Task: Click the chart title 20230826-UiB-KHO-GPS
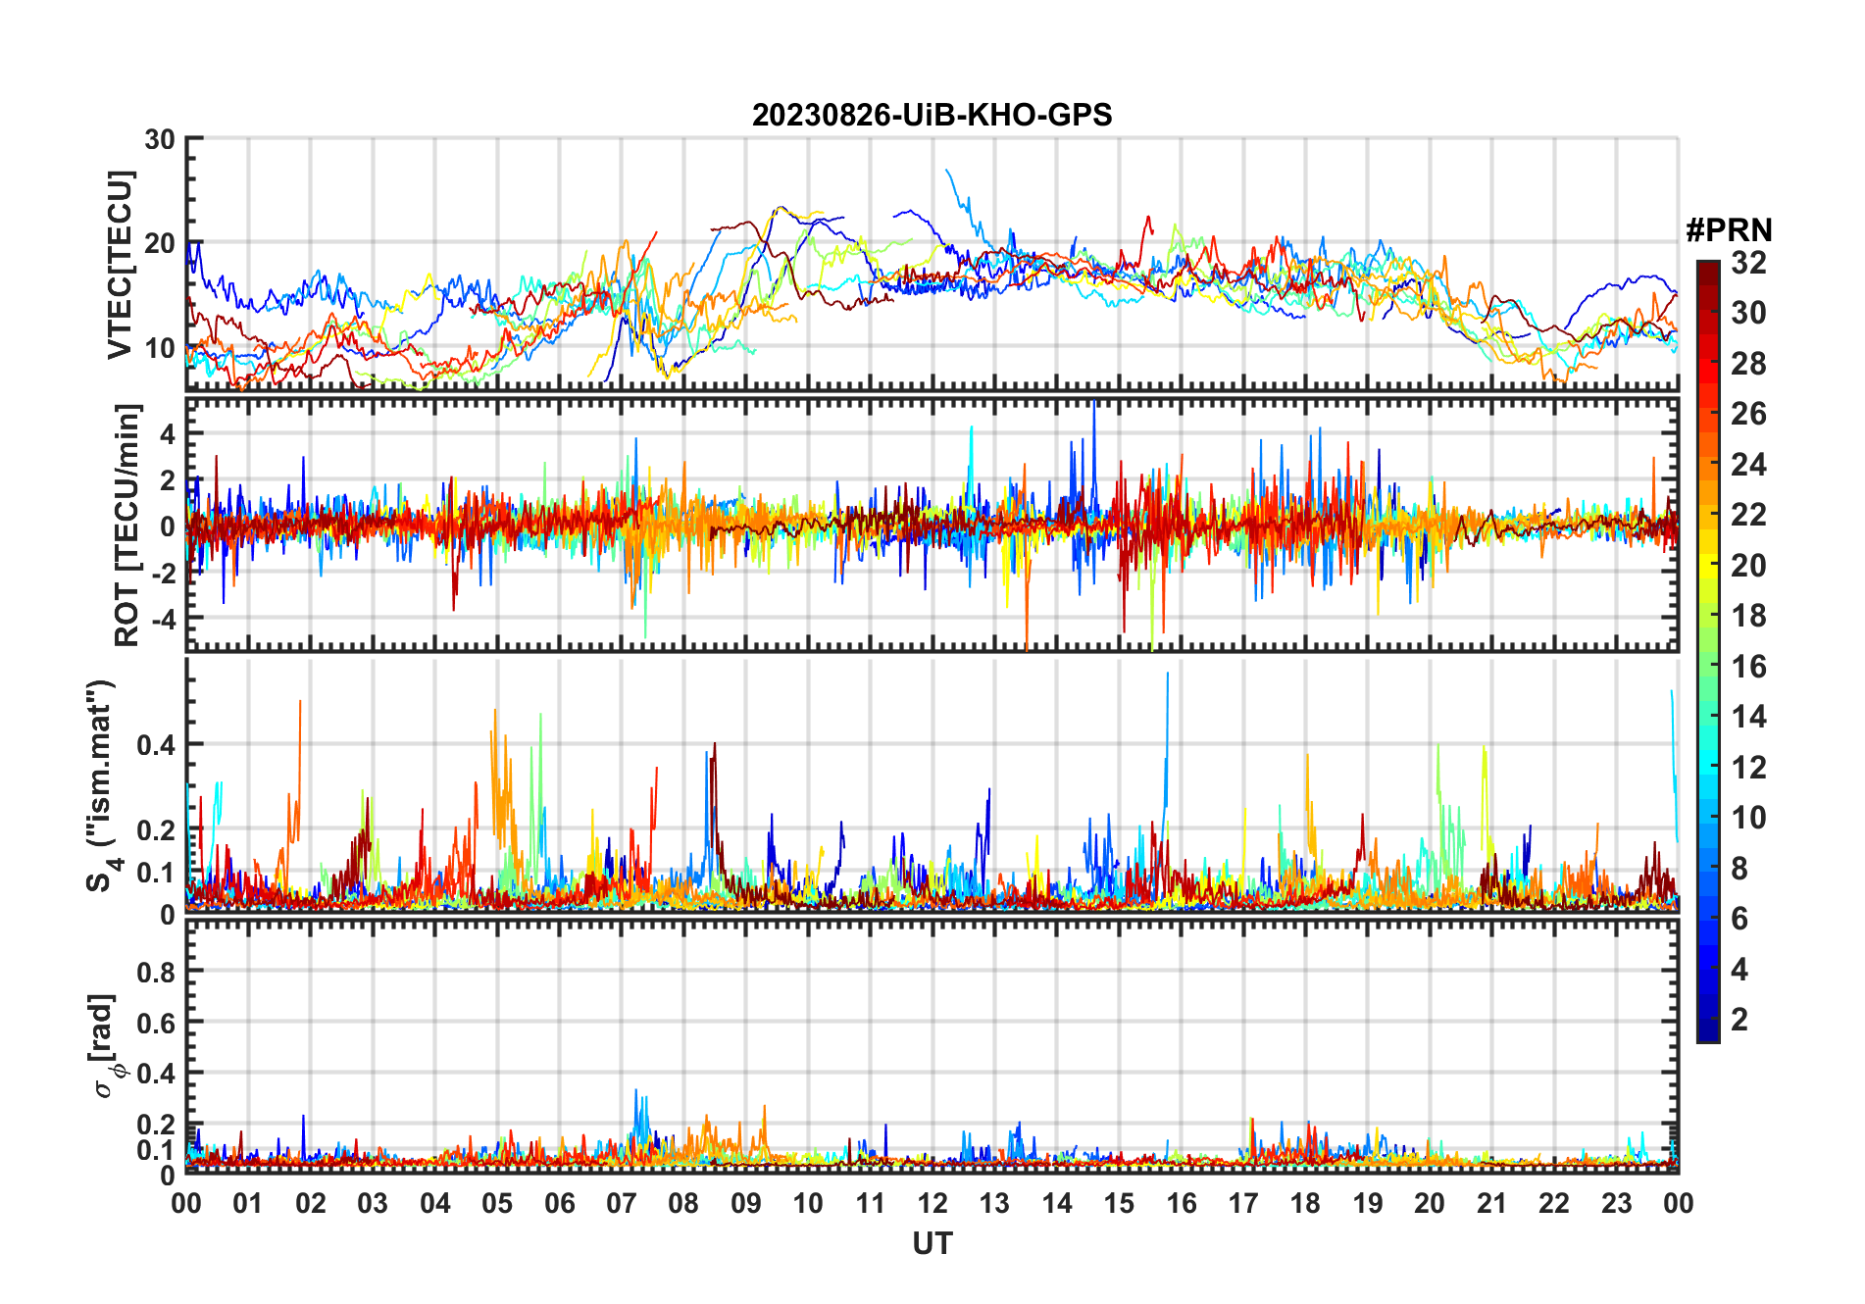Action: pos(932,116)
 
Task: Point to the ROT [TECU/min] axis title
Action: pos(127,525)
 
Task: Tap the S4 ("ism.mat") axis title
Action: pos(102,785)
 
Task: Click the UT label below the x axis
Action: pos(932,1244)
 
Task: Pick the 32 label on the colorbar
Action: pos(1748,263)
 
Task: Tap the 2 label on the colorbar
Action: pos(1739,1020)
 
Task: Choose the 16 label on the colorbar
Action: pos(1748,667)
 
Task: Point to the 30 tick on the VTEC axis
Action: pos(160,140)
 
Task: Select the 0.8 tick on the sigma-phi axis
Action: pos(156,972)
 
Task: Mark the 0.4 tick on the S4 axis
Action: pos(156,745)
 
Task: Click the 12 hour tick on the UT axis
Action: pos(932,1204)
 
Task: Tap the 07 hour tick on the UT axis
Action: pos(622,1204)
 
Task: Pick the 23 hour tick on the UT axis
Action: pos(1616,1204)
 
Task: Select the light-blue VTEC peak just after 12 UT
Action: pos(947,171)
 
